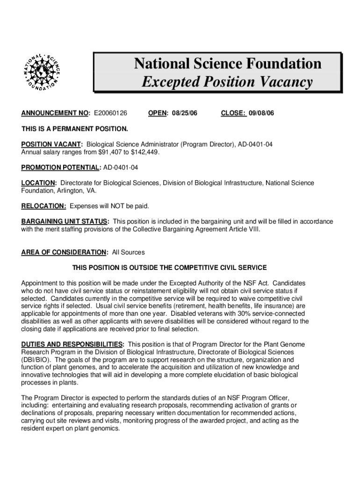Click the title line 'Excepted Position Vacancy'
[227, 82]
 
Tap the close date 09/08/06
[261, 113]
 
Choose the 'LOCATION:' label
[39, 183]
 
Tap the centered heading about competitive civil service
[169, 268]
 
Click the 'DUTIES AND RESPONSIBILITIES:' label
[72, 344]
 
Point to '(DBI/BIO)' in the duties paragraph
[37, 360]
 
